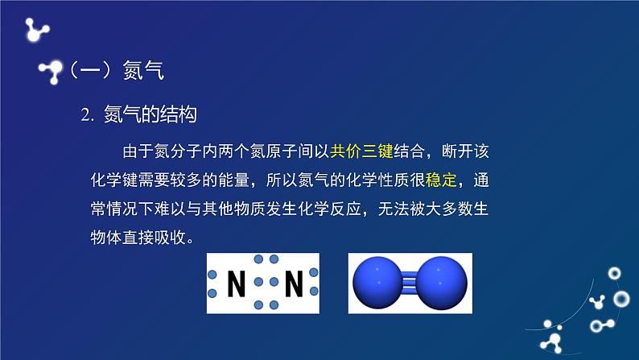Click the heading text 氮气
tap(144, 72)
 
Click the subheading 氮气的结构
tap(150, 115)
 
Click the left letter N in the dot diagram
tap(237, 283)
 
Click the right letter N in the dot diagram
tap(294, 283)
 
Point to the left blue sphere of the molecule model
tap(379, 283)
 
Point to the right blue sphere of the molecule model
tap(439, 283)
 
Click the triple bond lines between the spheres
tap(409, 283)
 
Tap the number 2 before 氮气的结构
tap(86, 116)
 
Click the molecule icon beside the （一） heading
tap(52, 72)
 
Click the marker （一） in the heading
tap(91, 72)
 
